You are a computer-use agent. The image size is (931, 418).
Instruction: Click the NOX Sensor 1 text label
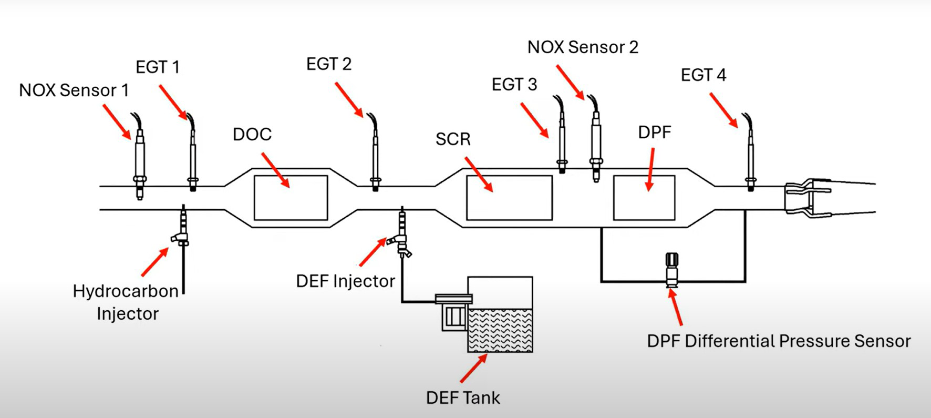click(x=74, y=90)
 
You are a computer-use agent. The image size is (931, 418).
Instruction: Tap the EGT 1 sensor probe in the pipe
click(x=193, y=158)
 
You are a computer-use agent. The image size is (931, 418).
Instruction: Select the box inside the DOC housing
click(x=291, y=198)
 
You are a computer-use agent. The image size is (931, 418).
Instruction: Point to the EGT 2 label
click(x=329, y=64)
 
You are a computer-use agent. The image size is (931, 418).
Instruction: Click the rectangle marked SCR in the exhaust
click(x=509, y=198)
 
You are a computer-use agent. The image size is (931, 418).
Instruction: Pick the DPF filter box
click(x=644, y=198)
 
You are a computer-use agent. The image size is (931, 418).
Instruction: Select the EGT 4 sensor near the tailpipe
click(x=750, y=158)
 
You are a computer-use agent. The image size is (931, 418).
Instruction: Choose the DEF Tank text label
click(x=463, y=398)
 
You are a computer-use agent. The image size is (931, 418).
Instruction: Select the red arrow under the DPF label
click(x=650, y=169)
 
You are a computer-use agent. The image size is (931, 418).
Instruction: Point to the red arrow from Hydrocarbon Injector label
click(x=155, y=261)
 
